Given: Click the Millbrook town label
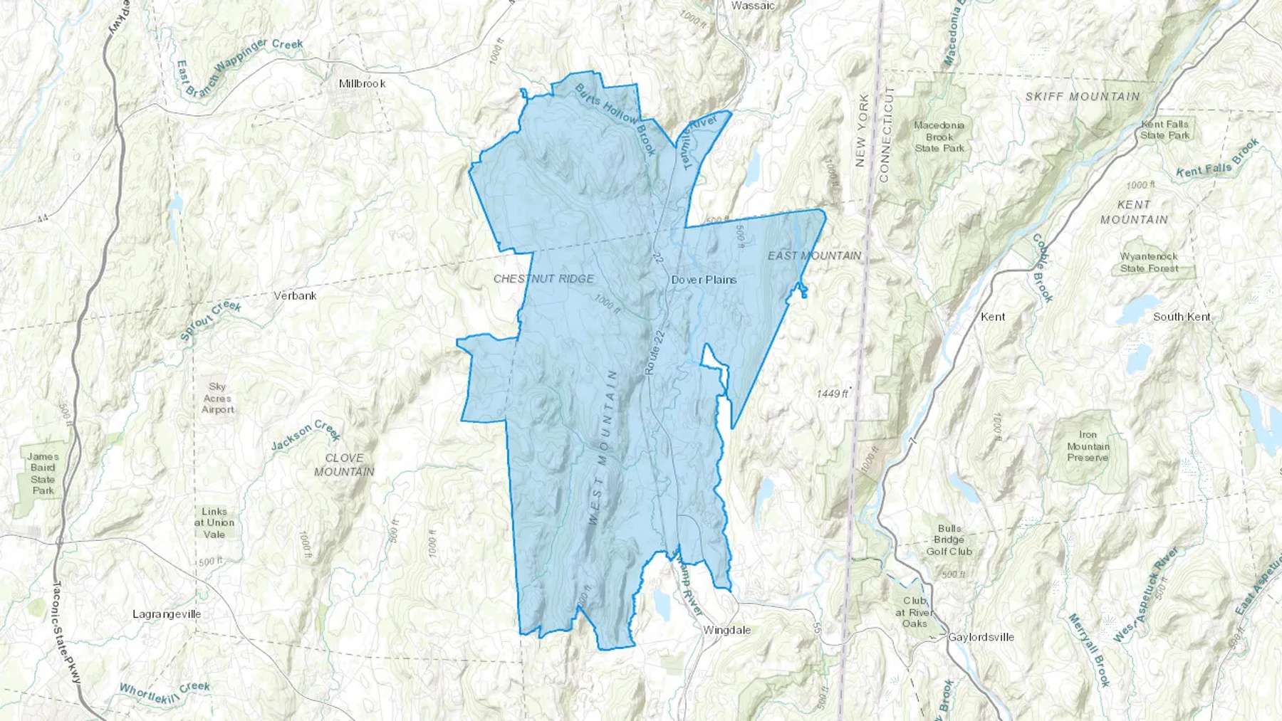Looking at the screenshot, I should [362, 83].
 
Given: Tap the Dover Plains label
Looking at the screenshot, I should [704, 280].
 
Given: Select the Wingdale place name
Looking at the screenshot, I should [726, 630].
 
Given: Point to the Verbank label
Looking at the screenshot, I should [295, 295].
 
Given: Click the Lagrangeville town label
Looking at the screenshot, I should [167, 614].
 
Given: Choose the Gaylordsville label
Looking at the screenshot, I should [981, 637].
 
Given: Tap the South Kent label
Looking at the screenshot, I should [1182, 317].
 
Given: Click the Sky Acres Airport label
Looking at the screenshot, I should [217, 398].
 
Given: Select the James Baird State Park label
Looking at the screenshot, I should [43, 473].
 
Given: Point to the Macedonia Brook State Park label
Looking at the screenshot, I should [939, 137].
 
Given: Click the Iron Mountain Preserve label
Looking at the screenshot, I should [1088, 446].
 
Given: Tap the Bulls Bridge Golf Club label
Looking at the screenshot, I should [949, 540].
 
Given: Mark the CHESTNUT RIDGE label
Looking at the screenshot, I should [543, 278].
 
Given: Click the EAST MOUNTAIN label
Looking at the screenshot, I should [814, 255].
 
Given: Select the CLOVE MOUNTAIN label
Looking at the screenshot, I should [344, 465].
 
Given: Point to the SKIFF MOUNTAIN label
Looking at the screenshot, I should [1083, 96].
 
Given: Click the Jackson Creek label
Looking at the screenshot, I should [306, 436].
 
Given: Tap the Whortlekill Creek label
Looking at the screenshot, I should [165, 690].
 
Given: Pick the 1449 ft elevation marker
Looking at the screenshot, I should [833, 393].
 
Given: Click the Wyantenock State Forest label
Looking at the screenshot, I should [1149, 262].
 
